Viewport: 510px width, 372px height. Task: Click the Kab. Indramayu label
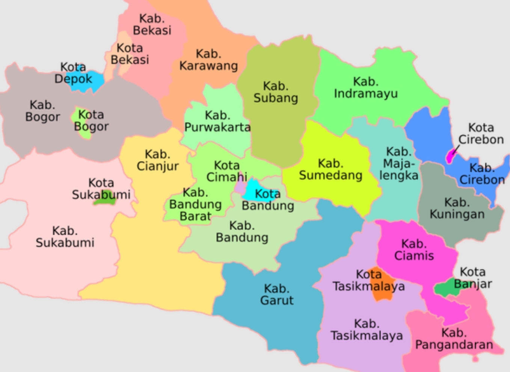coord(365,88)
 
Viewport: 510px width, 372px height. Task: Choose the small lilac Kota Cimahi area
coord(240,186)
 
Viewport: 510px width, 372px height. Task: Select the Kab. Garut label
coord(277,294)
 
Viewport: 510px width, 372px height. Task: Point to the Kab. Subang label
coord(276,92)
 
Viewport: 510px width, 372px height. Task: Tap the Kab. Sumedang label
coord(330,169)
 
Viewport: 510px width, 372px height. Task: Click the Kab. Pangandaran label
coord(454,339)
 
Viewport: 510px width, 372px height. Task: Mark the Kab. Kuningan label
coord(457,208)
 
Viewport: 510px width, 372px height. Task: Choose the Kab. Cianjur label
coord(157,160)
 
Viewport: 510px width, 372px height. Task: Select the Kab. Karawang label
coord(208,60)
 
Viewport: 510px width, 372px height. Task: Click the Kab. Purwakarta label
coord(217,121)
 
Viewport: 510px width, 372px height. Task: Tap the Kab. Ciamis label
coord(414,250)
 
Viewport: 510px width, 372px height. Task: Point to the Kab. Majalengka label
coord(399,163)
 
